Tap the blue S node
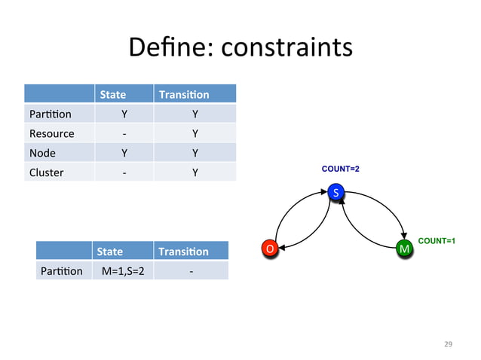click(337, 194)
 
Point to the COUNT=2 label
click(340, 169)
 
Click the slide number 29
click(449, 344)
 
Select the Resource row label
click(51, 133)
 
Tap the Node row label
click(42, 153)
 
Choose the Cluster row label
click(46, 172)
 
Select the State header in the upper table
click(113, 95)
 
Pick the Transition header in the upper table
click(184, 95)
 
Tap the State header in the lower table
click(109, 251)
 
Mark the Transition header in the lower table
click(183, 251)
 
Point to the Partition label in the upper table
click(51, 114)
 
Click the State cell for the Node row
click(124, 153)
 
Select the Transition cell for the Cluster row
click(195, 172)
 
